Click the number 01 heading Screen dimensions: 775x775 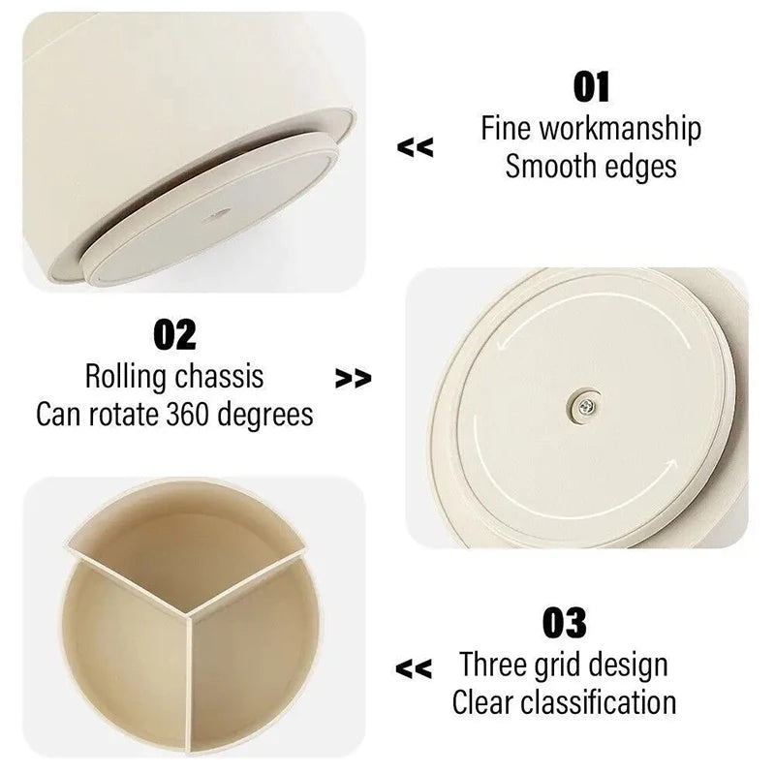[591, 86]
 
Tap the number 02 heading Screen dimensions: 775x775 [174, 334]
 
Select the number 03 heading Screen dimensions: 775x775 [564, 623]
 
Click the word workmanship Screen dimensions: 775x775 [620, 129]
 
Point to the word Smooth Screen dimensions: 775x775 [551, 167]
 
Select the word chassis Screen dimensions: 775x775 [222, 376]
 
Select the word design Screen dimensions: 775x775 [626, 666]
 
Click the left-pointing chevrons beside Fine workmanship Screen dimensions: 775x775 [416, 148]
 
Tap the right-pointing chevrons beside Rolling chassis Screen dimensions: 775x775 [354, 379]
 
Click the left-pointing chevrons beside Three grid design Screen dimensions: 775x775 [415, 667]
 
